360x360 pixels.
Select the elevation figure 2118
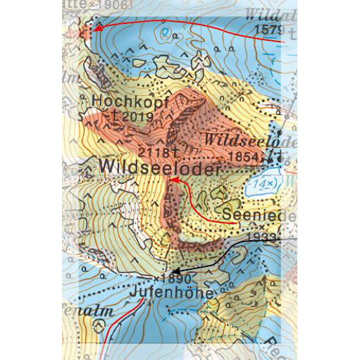click(151, 151)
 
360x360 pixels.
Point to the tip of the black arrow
click(172, 271)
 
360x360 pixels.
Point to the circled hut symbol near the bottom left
click(99, 325)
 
